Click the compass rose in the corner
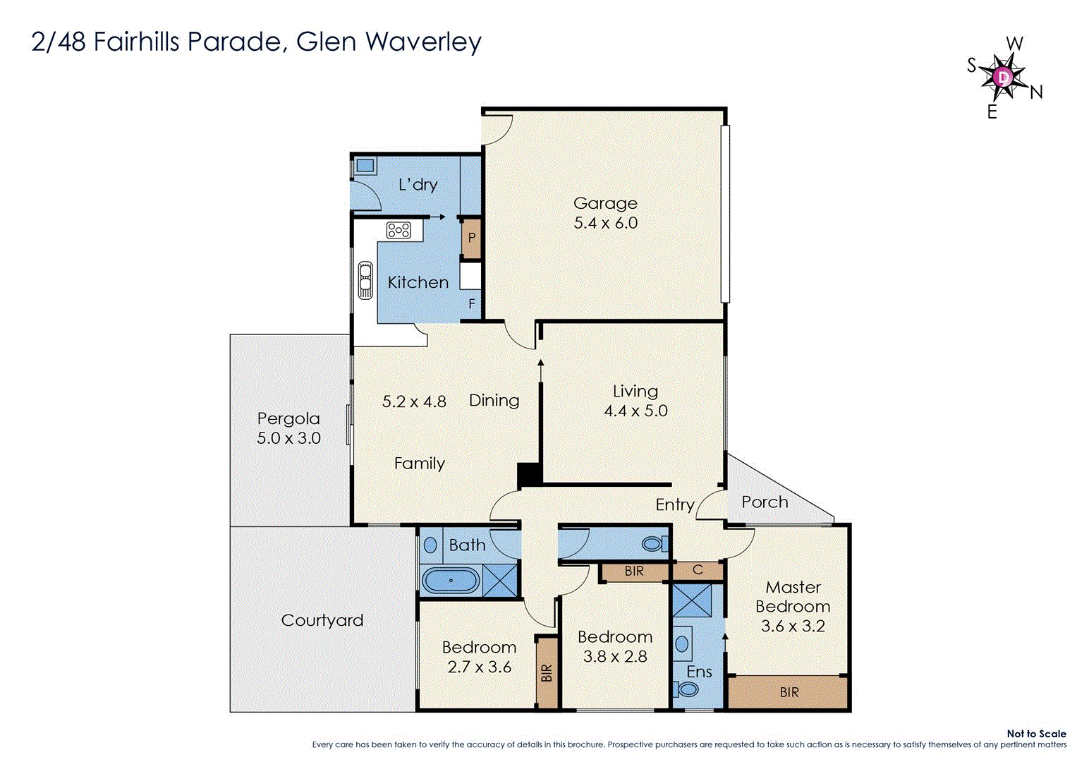(x=1003, y=76)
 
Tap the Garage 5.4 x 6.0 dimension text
(x=605, y=223)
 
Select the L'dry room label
(x=418, y=185)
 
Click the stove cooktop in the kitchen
(x=398, y=230)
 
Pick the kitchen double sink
(x=365, y=280)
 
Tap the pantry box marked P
(x=471, y=238)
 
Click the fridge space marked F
(x=472, y=304)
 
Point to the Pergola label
(x=288, y=418)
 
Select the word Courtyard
(x=322, y=620)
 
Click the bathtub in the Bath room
(x=451, y=581)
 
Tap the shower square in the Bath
(x=501, y=581)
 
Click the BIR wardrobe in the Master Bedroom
(x=789, y=692)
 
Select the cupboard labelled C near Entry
(x=698, y=570)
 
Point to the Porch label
(x=765, y=502)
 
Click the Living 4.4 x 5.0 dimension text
(x=635, y=411)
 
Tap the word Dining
(x=494, y=401)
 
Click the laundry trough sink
(x=365, y=166)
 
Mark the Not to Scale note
(x=1036, y=734)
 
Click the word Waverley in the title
(x=423, y=42)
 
